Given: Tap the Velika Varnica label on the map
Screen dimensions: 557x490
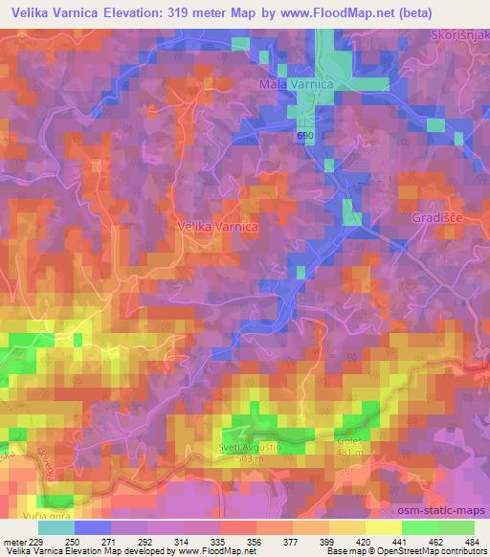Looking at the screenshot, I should [217, 227].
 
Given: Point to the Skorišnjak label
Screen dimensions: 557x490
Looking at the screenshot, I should [458, 35].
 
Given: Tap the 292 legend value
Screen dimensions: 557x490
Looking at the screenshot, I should [146, 542].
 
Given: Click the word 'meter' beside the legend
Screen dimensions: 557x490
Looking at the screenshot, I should [13, 542].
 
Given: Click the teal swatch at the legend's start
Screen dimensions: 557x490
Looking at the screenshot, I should [56, 527].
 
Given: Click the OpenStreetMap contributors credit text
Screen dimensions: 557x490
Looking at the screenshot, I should [422, 552].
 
